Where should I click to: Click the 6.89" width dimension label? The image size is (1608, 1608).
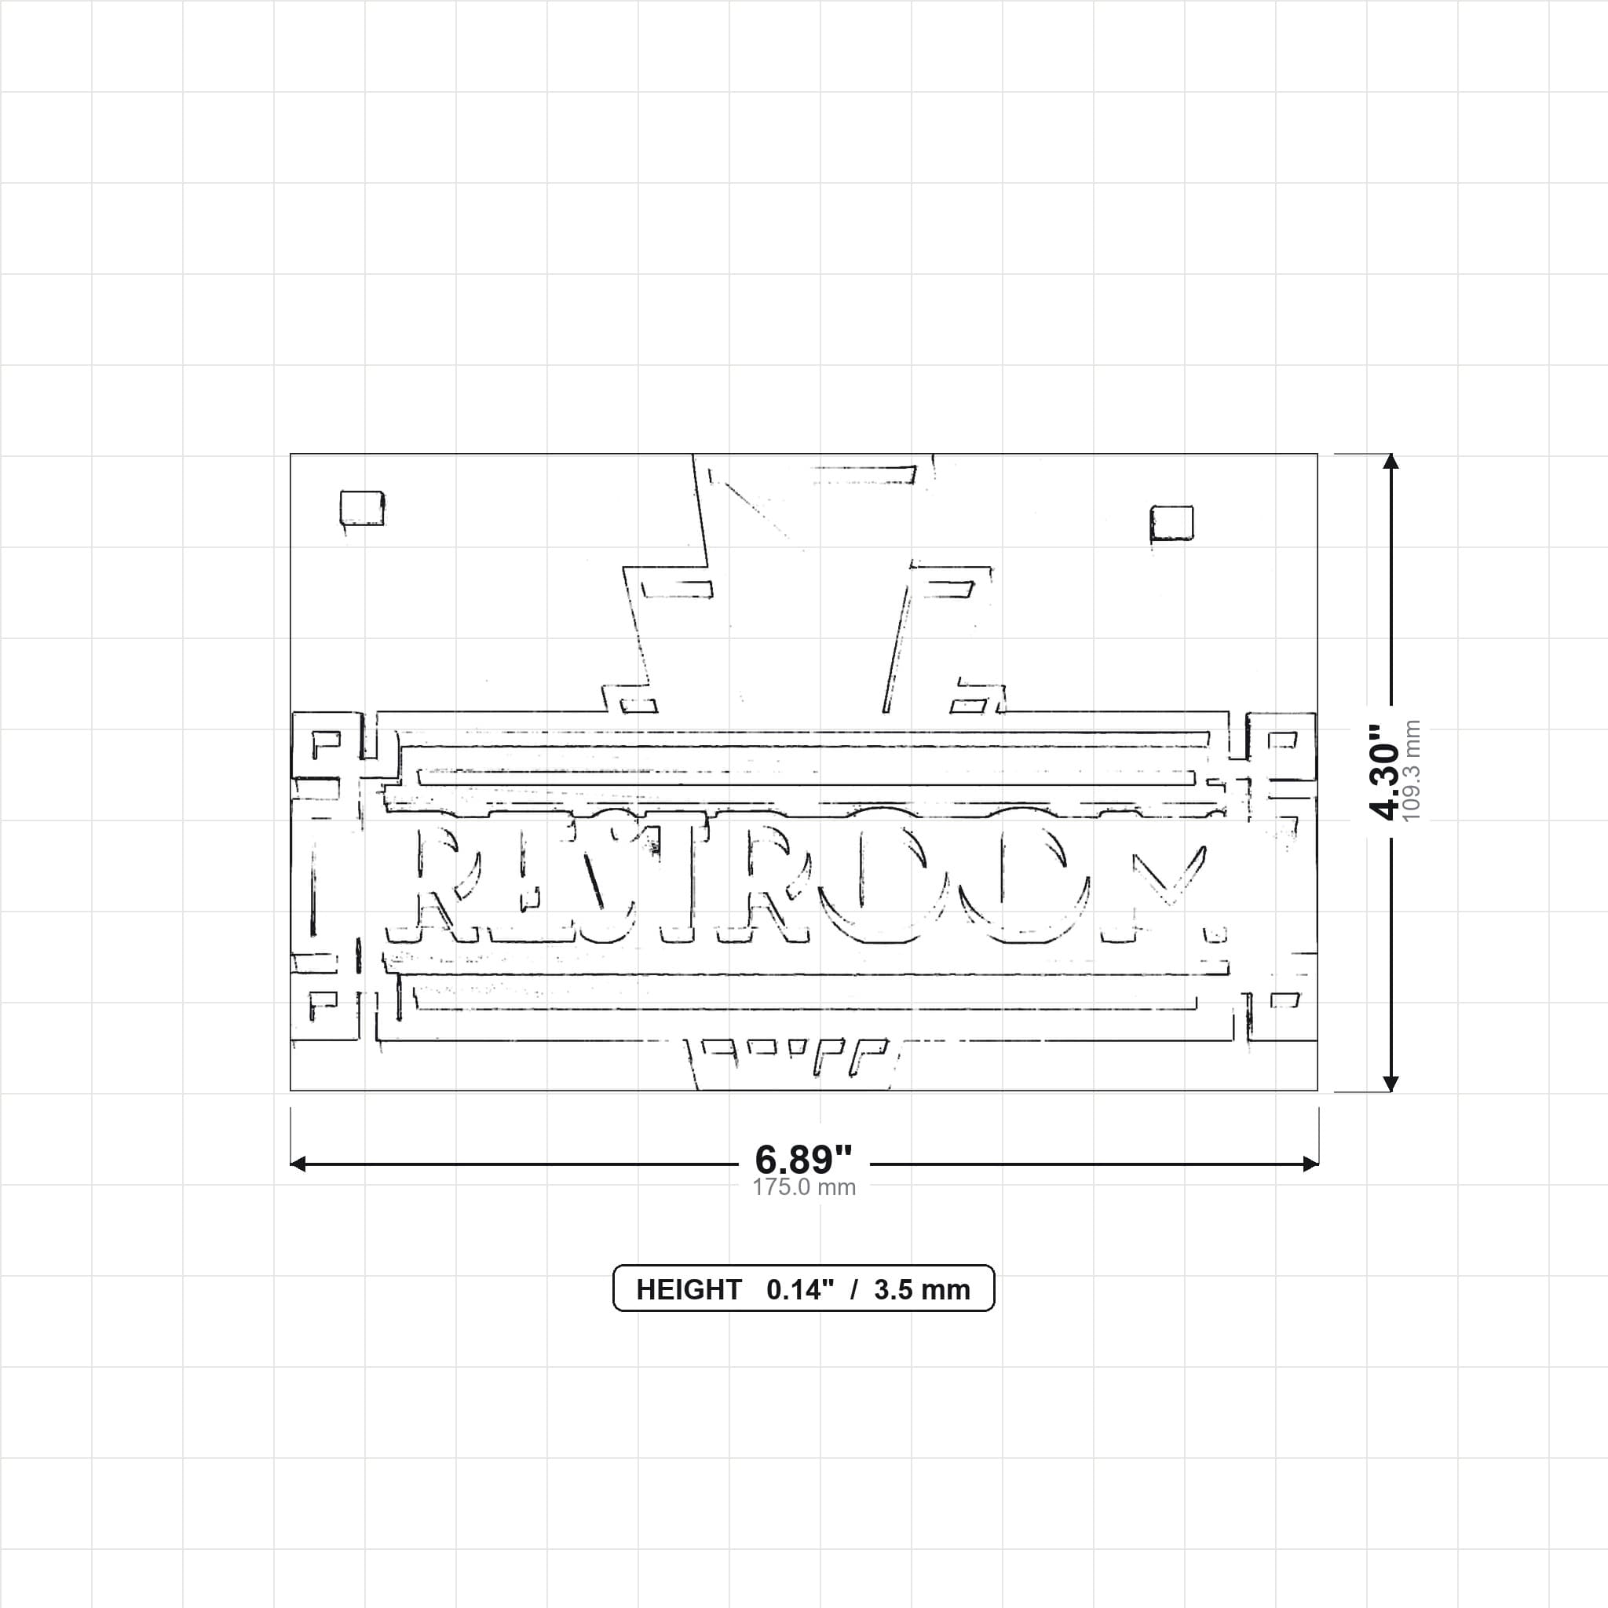pos(803,1159)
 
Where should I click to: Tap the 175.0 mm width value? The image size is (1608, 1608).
pos(804,1187)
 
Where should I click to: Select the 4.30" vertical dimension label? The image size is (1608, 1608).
pos(1386,772)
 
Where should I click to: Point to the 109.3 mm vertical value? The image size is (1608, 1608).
pos(1412,772)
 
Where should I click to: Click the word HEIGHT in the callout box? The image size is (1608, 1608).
pos(689,1289)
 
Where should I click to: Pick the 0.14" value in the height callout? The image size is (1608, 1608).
pos(800,1289)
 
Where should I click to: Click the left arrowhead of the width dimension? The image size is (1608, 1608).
pos(298,1164)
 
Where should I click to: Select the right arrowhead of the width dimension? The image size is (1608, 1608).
pos(1310,1164)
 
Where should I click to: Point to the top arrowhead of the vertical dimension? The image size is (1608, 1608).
pos(1391,462)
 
